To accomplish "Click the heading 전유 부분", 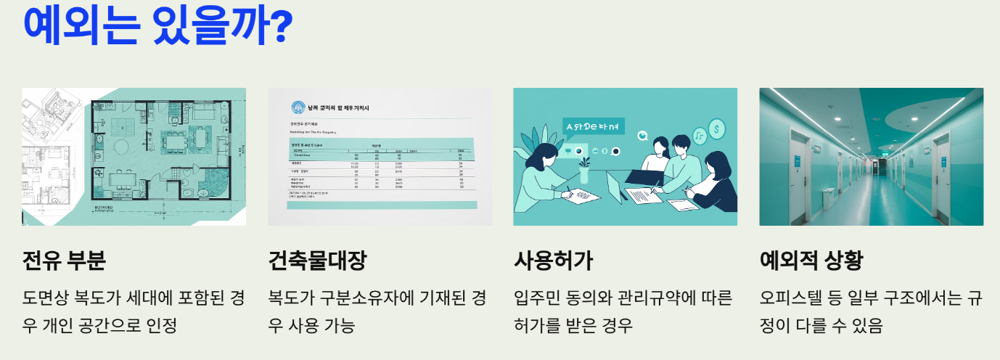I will [64, 260].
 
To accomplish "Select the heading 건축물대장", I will [317, 260].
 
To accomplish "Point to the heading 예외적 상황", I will [811, 260].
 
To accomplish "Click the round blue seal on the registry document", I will [298, 108].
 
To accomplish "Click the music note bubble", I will [699, 136].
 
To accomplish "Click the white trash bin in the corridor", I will [827, 199].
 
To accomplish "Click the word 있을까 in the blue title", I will [202, 26].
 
